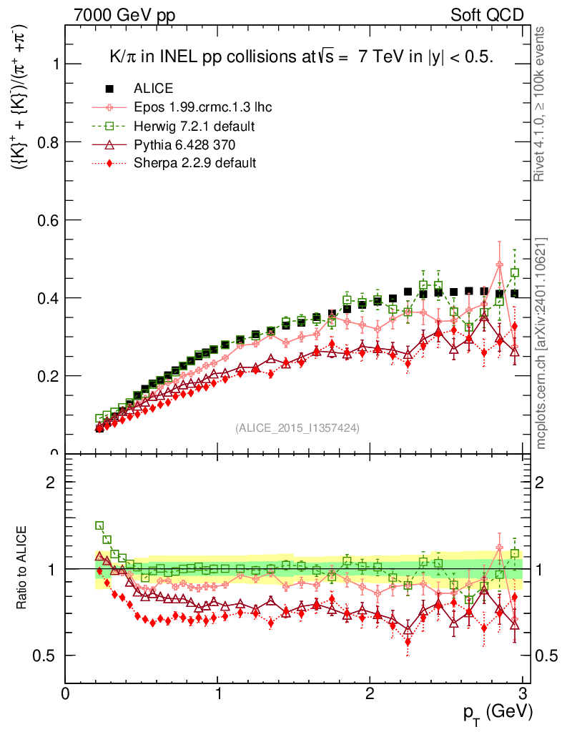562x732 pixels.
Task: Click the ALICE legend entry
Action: [153, 89]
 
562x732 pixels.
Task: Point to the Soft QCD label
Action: [487, 15]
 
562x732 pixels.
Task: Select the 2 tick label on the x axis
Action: [370, 693]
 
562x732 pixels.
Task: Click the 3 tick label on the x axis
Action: [523, 693]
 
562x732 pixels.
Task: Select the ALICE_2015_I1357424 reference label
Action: [297, 427]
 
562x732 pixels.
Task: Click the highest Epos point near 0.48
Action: [500, 265]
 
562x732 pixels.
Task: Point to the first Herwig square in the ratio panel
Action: [99, 525]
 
